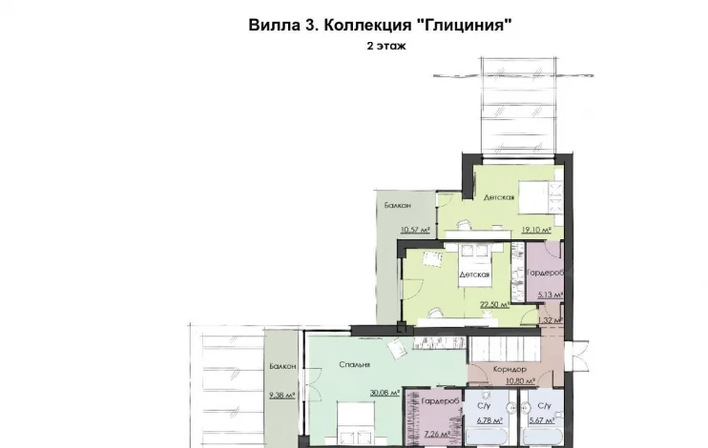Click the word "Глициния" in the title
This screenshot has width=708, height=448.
point(464,25)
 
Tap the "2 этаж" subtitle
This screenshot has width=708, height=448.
point(386,46)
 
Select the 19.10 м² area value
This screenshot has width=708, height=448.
point(536,230)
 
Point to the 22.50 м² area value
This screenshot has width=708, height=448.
point(495,305)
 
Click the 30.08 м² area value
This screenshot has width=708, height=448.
point(385,393)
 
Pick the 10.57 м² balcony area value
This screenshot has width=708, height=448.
point(415,230)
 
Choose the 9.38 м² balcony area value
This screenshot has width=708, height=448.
point(282,396)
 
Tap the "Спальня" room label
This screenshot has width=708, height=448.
point(355,364)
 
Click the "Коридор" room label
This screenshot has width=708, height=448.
point(510,370)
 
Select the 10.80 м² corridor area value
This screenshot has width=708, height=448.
point(521,381)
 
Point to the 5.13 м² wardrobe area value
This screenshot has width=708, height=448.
point(551,295)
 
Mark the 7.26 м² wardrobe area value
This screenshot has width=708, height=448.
point(437,435)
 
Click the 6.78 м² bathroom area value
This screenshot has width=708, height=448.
point(489,421)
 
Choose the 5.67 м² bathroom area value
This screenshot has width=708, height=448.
point(542,420)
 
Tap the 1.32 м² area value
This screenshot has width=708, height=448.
point(551,320)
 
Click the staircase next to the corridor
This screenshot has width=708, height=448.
point(505,349)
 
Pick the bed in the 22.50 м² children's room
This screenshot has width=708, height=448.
point(474,266)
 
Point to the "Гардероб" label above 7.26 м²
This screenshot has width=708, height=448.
point(441,401)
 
